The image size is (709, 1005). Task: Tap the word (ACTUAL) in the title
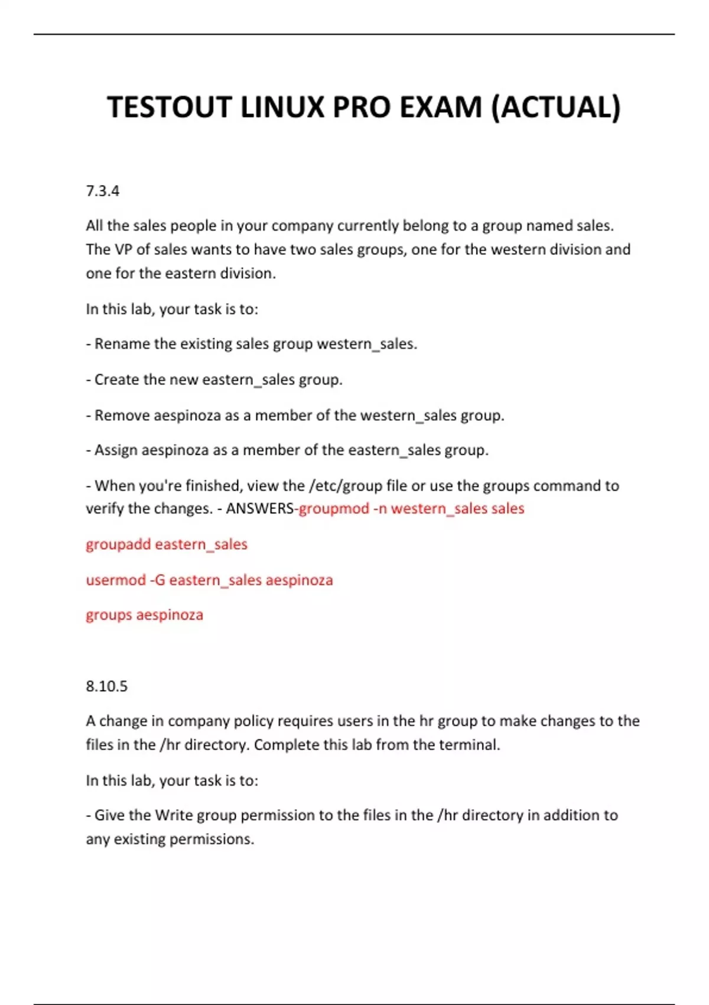556,108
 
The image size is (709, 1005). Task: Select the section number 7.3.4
102,191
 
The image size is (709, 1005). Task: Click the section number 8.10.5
106,686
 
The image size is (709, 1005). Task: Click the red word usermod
116,580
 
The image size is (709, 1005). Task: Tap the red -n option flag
380,509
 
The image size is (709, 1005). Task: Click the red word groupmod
334,509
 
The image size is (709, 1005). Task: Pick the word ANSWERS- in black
262,509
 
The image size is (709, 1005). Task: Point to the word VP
123,249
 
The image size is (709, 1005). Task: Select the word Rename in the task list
122,344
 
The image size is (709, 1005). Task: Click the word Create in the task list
116,380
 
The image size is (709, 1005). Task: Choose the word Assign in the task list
116,450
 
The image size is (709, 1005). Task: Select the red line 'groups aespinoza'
144,615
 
